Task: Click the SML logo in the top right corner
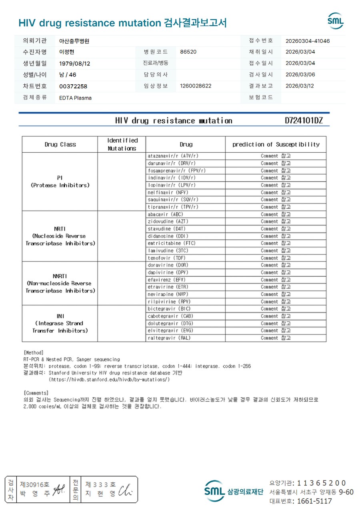point(336,21)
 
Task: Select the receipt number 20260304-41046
point(308,41)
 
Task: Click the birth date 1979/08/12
point(74,64)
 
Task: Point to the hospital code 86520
point(188,52)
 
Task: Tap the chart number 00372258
point(73,86)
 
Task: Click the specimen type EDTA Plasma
point(75,98)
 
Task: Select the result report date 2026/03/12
point(300,86)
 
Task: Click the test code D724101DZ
point(304,121)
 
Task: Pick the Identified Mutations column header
point(122,144)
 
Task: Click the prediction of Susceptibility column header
point(276,144)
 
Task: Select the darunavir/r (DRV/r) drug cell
point(172,163)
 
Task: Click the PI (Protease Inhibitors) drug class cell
point(60,181)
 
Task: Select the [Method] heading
point(34,353)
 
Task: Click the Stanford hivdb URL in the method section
point(109,379)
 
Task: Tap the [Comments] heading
point(36,393)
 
